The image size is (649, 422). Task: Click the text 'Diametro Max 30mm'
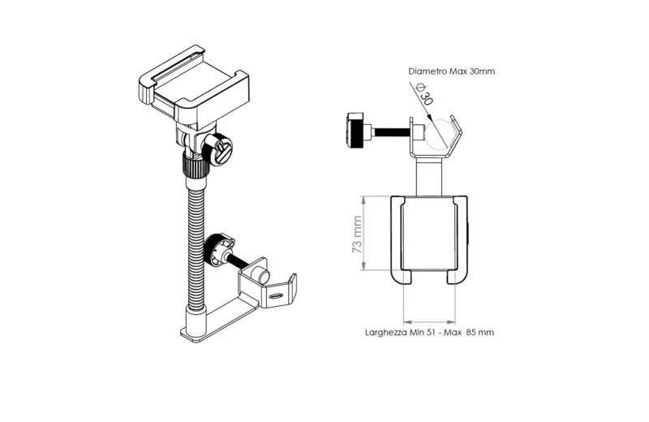tap(451, 71)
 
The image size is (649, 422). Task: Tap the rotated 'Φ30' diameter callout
tap(425, 94)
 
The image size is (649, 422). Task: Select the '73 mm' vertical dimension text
tap(357, 235)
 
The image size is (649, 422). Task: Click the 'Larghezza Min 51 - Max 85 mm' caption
tap(429, 332)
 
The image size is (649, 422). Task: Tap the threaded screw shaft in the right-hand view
tap(393, 131)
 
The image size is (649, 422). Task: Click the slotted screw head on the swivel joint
tap(221, 149)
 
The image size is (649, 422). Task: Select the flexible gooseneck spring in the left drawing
tap(196, 248)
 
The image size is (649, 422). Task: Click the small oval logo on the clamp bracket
tap(277, 296)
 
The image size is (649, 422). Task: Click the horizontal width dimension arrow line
tap(429, 321)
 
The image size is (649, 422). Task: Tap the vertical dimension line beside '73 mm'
tap(363, 233)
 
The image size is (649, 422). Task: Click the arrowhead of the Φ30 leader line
tap(429, 113)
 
